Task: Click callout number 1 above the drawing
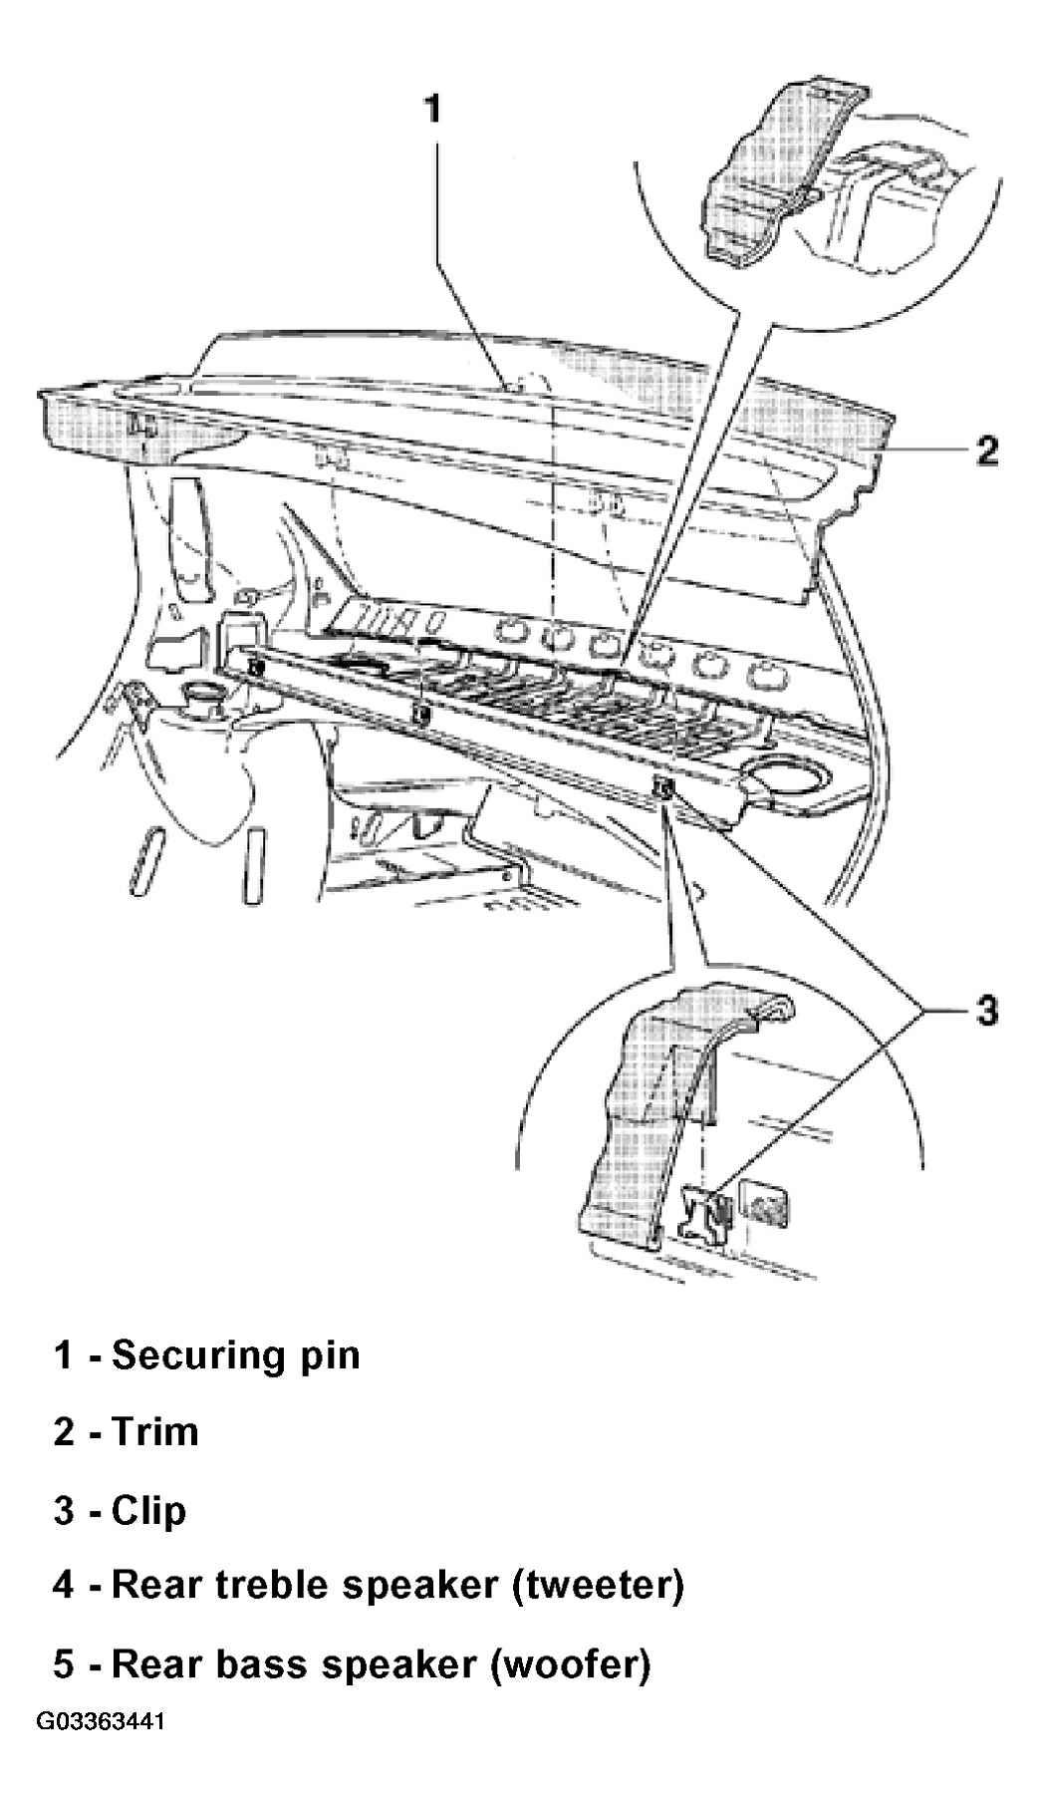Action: [x=431, y=108]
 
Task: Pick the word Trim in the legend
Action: [x=155, y=1431]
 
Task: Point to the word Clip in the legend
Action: [x=149, y=1512]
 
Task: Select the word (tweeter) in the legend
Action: [x=597, y=1586]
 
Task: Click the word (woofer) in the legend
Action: [x=569, y=1663]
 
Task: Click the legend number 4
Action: [x=64, y=1585]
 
